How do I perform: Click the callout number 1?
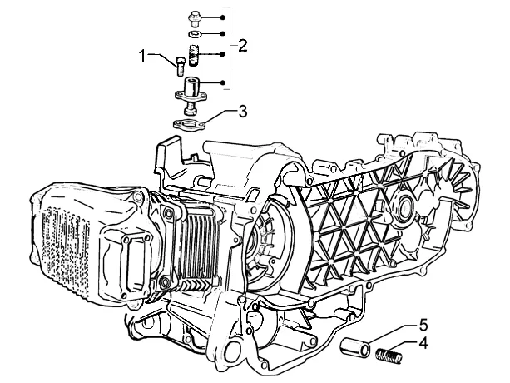point(143,56)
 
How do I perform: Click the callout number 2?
point(242,45)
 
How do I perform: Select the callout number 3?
point(243,112)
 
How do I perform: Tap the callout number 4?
point(423,344)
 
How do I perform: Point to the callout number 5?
point(423,325)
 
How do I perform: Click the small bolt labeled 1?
point(181,66)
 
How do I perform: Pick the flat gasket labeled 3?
point(188,125)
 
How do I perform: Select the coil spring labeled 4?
point(389,355)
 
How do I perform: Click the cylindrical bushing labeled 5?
point(355,347)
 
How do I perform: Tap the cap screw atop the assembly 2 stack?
point(196,19)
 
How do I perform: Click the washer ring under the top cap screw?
point(196,33)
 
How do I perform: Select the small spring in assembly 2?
point(194,55)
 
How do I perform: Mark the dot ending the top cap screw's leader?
point(222,17)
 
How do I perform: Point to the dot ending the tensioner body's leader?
point(222,82)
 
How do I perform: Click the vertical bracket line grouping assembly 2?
point(230,47)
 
